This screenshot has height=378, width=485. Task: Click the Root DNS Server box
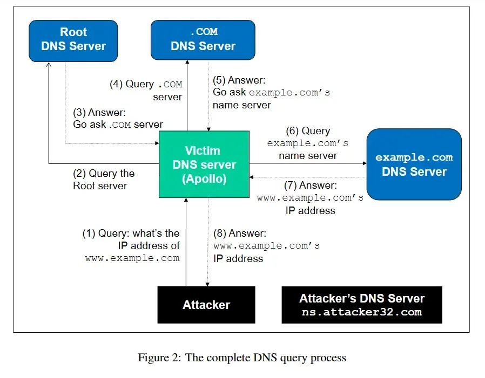coord(73,41)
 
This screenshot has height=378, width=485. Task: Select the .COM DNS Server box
coord(203,40)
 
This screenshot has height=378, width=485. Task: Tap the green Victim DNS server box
coord(204,164)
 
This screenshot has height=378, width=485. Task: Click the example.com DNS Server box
coord(414,164)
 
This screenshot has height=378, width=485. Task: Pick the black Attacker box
coord(206,305)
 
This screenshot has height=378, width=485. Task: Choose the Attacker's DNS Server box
coord(362,305)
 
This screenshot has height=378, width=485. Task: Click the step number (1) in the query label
coord(89,233)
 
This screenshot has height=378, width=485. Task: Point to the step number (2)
coord(79,174)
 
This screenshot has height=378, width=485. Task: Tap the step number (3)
coord(79,112)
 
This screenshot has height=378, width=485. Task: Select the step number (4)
coord(116,84)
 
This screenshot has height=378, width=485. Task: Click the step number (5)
coord(219,80)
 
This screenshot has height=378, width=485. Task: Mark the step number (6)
coord(292,131)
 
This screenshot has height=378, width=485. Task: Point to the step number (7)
coord(290,185)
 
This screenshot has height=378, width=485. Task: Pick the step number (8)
coord(220,233)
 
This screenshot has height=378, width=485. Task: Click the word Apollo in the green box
coord(204,179)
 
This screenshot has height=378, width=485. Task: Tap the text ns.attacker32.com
coord(362,312)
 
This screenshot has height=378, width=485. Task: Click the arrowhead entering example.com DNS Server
coord(365,163)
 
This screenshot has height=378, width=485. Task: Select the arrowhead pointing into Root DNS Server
coord(49,64)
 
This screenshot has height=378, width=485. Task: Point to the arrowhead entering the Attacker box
coord(207,284)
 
